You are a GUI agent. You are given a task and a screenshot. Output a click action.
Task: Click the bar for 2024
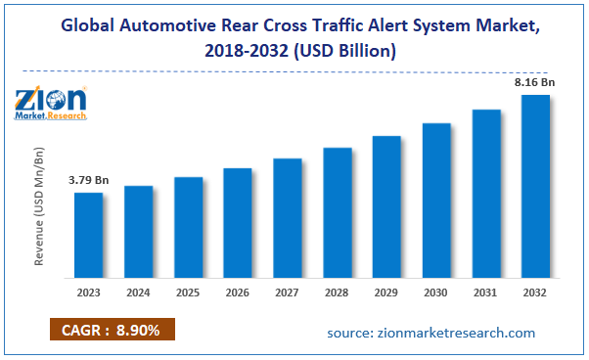point(138,230)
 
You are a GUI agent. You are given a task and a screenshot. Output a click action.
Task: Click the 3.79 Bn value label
point(88,181)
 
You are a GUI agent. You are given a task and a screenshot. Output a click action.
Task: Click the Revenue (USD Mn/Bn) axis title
point(40,209)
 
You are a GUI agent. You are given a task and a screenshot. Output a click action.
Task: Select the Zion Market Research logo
point(51,100)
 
